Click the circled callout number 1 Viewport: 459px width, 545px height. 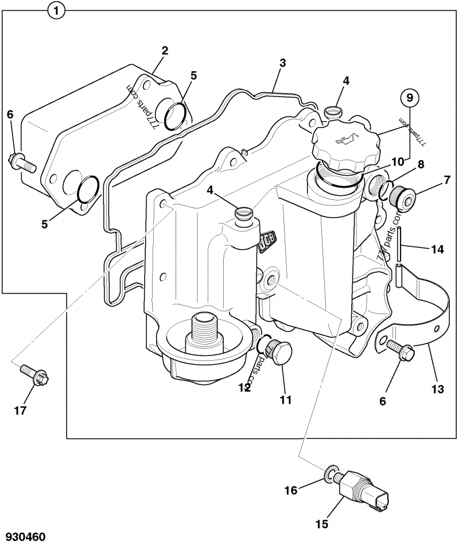(56, 11)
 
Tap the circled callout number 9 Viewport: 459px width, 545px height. (410, 98)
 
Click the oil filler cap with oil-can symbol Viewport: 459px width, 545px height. (346, 145)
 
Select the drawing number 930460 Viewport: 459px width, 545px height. (22, 536)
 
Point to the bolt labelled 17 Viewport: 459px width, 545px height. (36, 374)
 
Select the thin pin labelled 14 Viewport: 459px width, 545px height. (399, 243)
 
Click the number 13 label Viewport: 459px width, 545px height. (438, 389)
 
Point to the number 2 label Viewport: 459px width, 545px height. (165, 51)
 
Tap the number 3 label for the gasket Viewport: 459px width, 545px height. (283, 63)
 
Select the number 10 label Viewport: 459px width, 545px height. (398, 161)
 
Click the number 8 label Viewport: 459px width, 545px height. (421, 164)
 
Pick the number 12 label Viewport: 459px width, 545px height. (245, 387)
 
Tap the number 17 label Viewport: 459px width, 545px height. (20, 411)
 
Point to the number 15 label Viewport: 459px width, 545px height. (322, 524)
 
